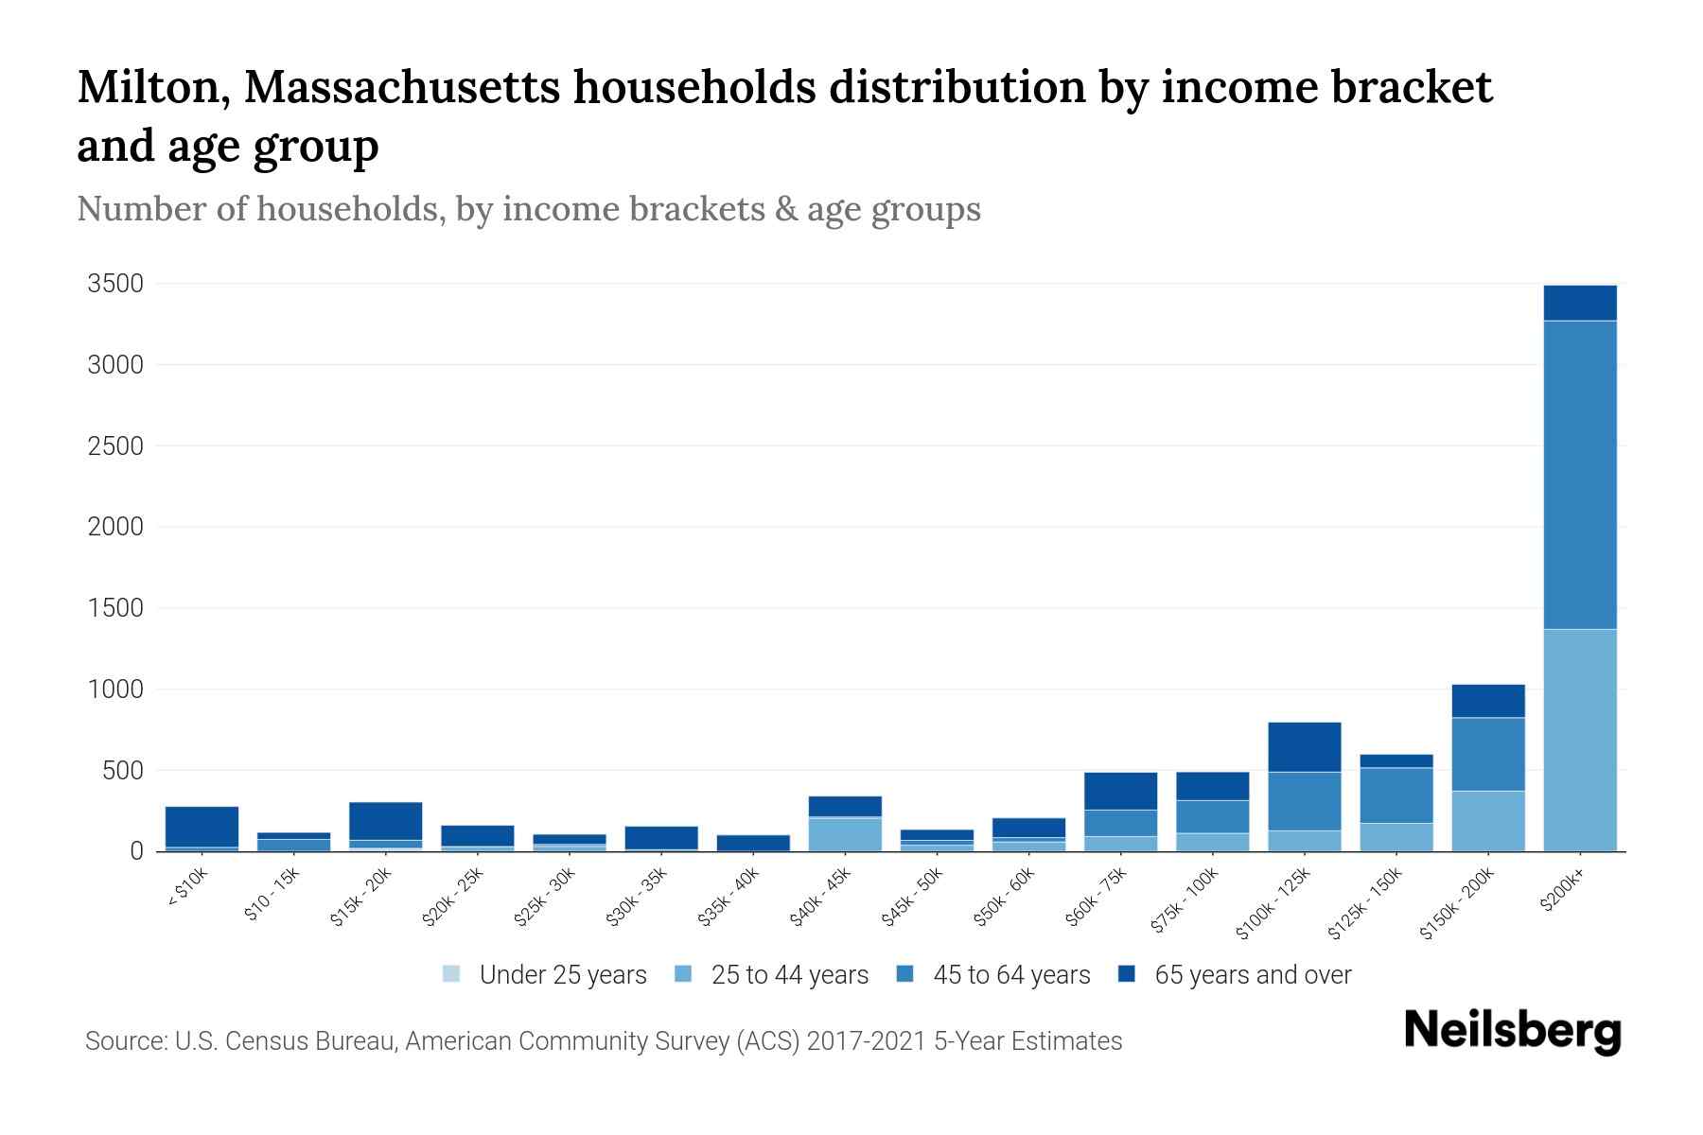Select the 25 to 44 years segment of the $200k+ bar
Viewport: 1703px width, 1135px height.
tap(1579, 740)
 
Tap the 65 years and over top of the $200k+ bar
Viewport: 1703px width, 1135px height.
tap(1579, 303)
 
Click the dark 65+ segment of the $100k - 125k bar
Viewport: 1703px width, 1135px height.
tap(1304, 747)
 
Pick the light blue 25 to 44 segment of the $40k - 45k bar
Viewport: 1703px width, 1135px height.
tap(845, 834)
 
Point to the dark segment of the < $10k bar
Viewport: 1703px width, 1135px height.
tap(202, 826)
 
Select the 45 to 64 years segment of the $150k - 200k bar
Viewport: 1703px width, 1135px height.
tap(1487, 754)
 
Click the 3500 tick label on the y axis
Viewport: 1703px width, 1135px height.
tap(115, 284)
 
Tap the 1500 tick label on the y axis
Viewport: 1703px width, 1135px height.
tap(115, 608)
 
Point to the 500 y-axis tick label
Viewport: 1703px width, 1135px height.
tap(122, 771)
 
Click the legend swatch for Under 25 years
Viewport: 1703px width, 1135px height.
tap(452, 974)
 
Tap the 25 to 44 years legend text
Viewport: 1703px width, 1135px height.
tap(789, 975)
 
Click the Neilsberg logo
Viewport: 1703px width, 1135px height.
tap(1512, 1032)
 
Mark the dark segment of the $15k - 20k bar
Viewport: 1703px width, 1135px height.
tap(385, 821)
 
